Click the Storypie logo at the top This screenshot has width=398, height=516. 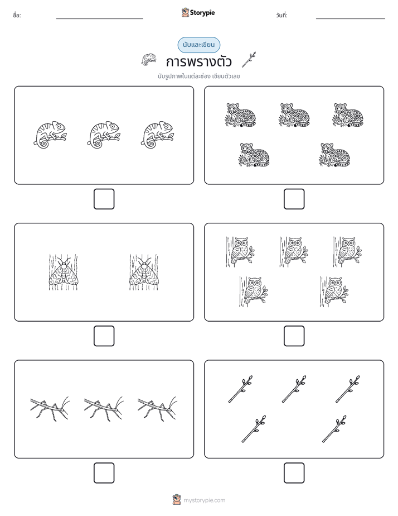click(198, 12)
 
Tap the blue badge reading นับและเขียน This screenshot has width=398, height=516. click(198, 45)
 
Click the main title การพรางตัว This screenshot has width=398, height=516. click(198, 61)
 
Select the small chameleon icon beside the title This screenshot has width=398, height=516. click(149, 59)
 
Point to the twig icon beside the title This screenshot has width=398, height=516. click(249, 60)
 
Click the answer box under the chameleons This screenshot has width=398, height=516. click(104, 199)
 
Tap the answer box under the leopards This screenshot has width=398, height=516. click(294, 199)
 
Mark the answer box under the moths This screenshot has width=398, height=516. click(104, 336)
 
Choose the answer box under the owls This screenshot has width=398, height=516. click(294, 336)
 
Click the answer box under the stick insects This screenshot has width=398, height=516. click(104, 472)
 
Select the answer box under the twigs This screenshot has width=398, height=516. click(294, 472)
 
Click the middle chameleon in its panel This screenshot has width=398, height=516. click(104, 135)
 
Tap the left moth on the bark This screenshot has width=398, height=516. click(64, 272)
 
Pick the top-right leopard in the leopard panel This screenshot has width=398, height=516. click(348, 115)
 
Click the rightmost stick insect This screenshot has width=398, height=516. click(157, 409)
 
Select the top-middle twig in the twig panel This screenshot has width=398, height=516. click(294, 389)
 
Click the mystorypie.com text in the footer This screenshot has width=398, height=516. click(204, 500)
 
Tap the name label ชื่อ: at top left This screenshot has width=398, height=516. click(17, 15)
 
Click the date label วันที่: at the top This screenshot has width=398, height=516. click(281, 15)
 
